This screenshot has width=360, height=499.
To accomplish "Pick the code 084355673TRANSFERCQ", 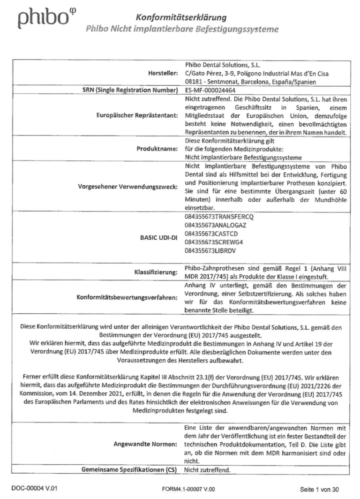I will (x=219, y=218).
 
